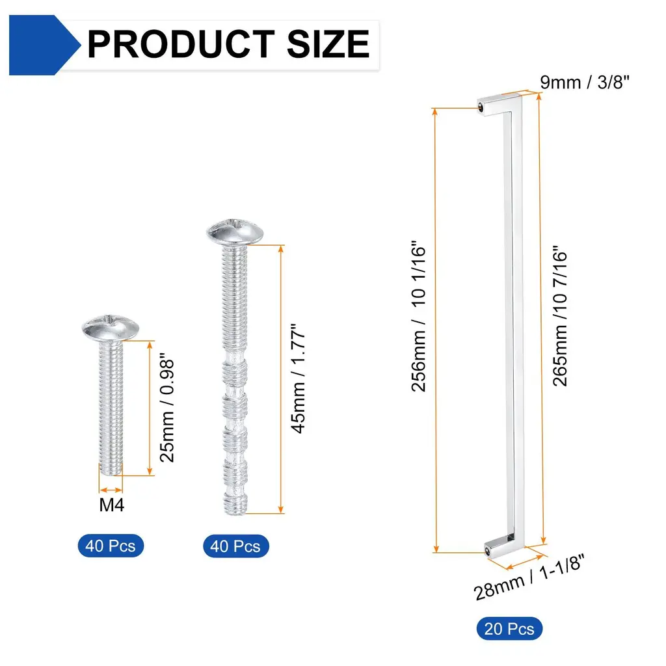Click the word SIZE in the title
(328, 44)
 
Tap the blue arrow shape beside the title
(44, 45)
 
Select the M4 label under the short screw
(112, 505)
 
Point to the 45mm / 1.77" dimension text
(298, 379)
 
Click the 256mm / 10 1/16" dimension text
(418, 316)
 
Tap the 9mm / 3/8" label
(585, 82)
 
